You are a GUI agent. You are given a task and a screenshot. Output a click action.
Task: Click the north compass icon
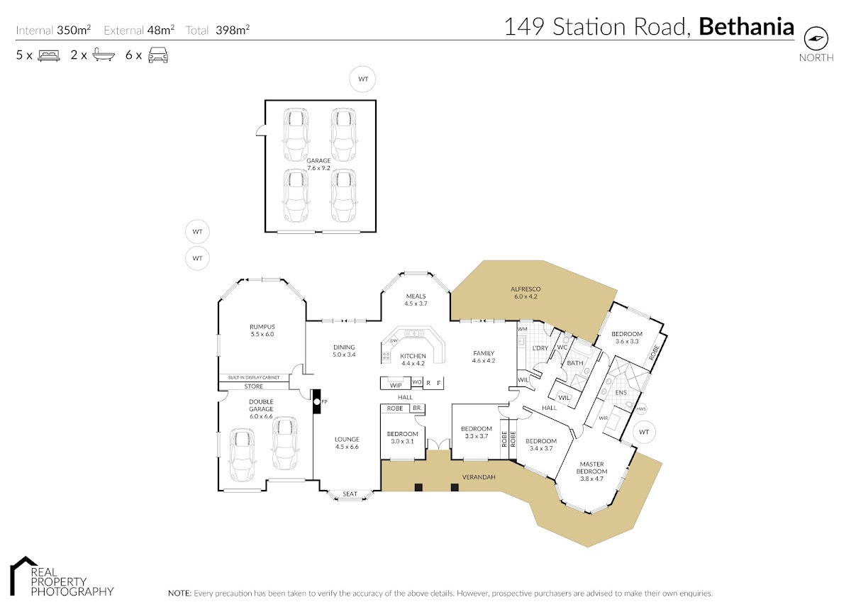coord(816,38)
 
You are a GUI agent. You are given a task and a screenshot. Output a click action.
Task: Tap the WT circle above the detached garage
coord(363,79)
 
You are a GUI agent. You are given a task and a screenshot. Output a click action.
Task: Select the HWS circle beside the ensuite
coord(641,409)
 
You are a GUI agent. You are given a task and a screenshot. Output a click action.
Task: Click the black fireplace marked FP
coord(316,401)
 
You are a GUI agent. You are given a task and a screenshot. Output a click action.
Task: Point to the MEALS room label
coord(416,296)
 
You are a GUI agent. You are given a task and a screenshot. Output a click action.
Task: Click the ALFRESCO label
coord(525,289)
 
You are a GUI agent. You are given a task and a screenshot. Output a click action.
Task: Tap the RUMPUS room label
coord(262,327)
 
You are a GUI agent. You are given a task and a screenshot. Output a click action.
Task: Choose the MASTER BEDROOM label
coord(592,467)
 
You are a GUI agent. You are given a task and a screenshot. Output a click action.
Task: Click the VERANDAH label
coord(479,477)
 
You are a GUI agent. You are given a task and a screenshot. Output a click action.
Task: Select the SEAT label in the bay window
coord(350,494)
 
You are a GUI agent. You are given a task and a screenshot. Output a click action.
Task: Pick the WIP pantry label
coord(396,386)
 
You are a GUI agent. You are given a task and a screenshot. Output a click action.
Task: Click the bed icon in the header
coord(49,55)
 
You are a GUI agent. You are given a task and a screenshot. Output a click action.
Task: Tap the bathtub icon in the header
coord(104,55)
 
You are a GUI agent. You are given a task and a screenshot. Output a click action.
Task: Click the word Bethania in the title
coord(747,26)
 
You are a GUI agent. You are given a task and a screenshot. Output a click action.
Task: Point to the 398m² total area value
coord(233,30)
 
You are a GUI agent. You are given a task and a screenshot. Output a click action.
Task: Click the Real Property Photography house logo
coord(23,576)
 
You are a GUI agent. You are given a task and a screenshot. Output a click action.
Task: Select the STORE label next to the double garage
coord(254,386)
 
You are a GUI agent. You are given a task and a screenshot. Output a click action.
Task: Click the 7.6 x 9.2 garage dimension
coord(318,168)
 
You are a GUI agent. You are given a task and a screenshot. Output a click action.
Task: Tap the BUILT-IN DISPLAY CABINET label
coord(254,377)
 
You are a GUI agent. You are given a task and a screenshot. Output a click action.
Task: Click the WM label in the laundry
coord(523,329)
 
